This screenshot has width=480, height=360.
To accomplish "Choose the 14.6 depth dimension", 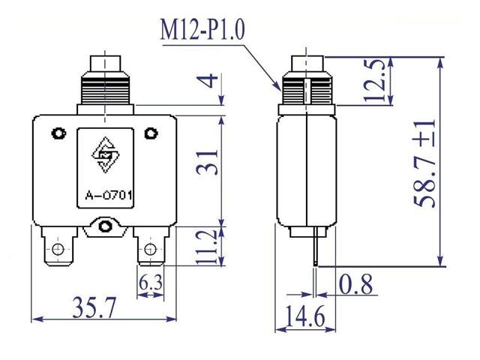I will point(304,317).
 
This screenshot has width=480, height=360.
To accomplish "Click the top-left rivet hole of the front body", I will point(57,134).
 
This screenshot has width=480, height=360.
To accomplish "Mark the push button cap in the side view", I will point(307,62).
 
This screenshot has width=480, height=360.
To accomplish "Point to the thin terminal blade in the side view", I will point(317,248).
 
